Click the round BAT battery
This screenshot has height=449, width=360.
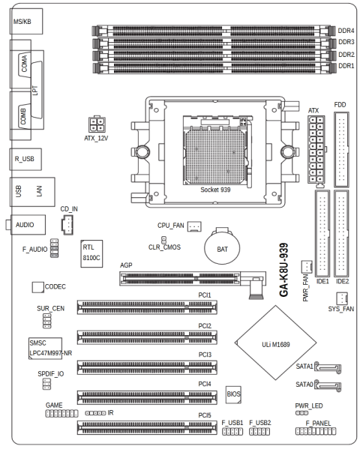(x=222, y=247)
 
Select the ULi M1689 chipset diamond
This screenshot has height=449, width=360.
(x=276, y=343)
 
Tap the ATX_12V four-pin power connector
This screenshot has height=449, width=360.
(x=97, y=124)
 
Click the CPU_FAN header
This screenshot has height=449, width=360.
(x=194, y=226)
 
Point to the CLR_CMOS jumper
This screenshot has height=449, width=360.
(x=164, y=239)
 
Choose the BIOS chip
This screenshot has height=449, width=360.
(x=233, y=394)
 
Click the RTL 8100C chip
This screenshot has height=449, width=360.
(x=91, y=253)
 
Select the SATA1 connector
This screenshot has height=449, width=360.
(x=328, y=367)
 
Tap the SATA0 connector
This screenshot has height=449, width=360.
(x=328, y=385)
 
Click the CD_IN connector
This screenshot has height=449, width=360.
(x=67, y=225)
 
